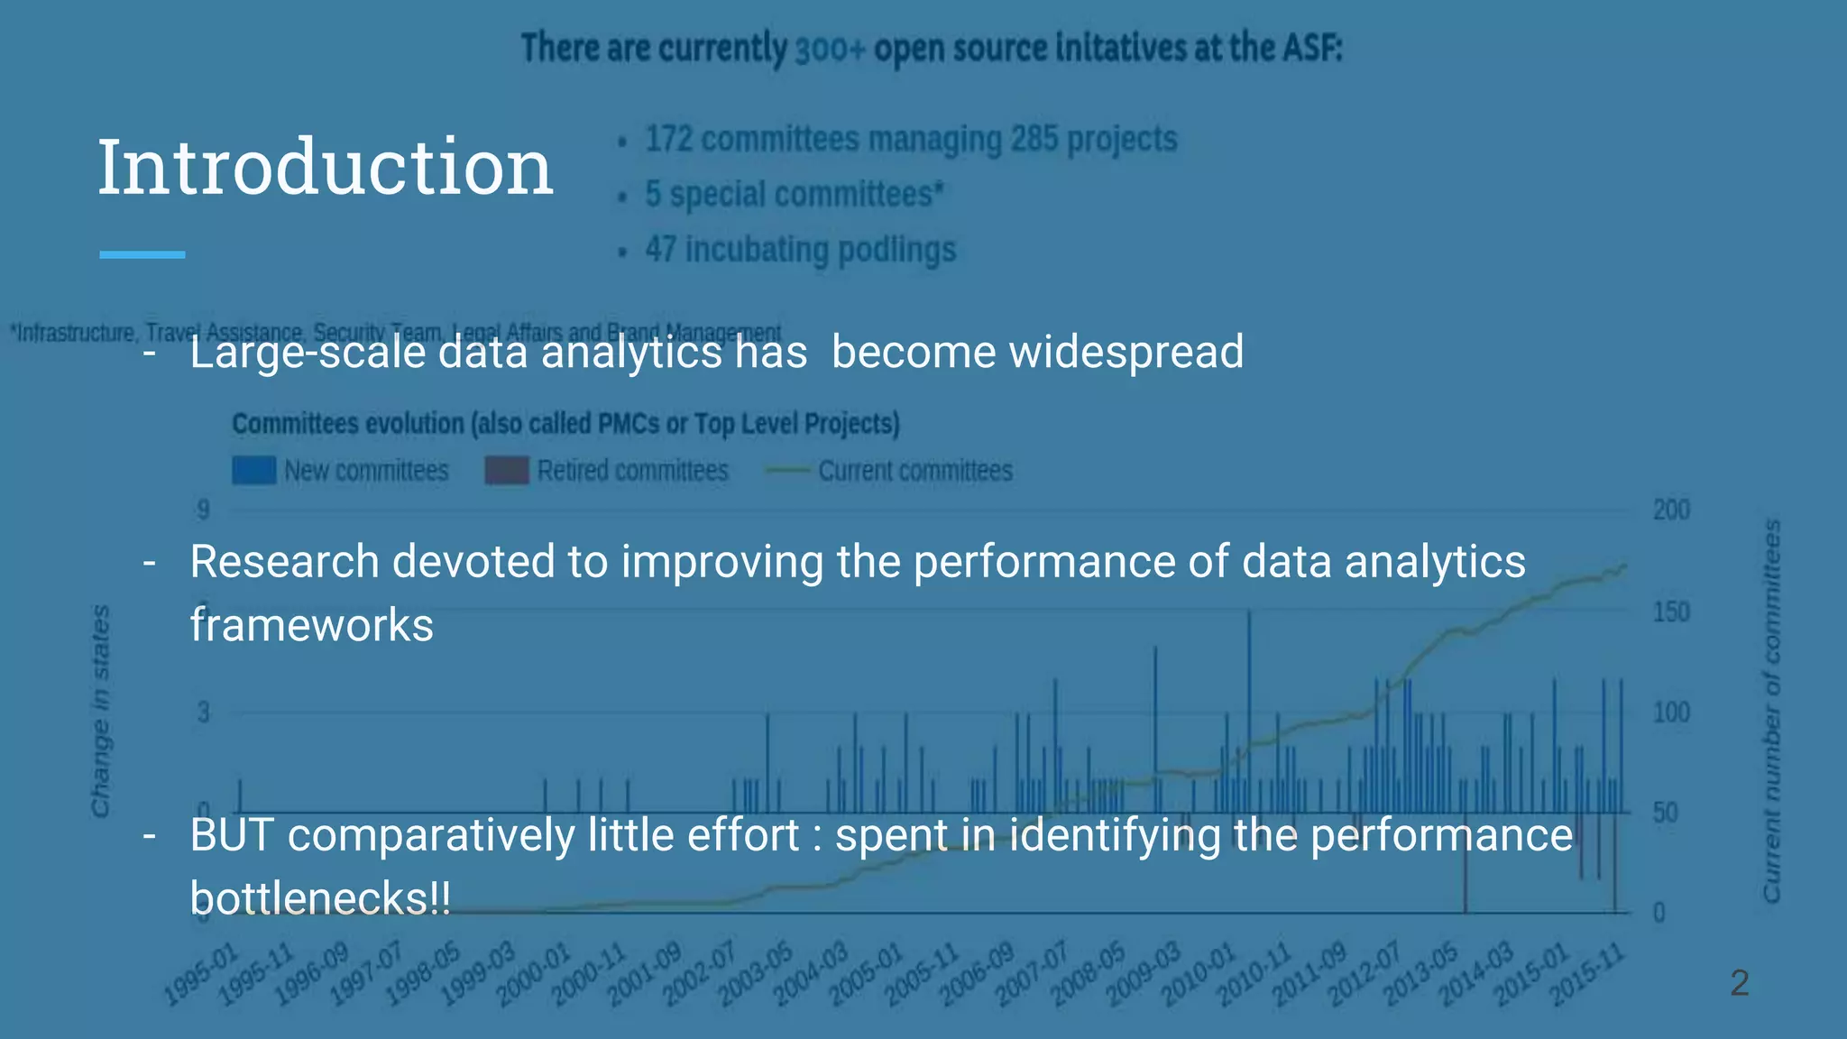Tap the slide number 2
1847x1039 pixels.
[1739, 982]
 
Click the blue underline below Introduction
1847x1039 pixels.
[142, 255]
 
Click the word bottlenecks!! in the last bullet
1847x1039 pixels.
[320, 898]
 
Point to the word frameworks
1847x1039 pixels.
[311, 625]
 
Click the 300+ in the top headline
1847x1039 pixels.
[831, 49]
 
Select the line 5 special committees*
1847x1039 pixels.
[794, 195]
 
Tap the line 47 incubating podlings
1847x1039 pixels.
[800, 250]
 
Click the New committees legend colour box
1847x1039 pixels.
[253, 471]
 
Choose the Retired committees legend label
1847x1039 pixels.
[632, 471]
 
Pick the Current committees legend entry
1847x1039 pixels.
[914, 471]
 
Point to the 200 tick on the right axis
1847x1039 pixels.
[1670, 510]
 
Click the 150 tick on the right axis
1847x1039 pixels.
[1670, 612]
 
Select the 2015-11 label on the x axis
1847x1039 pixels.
[1588, 976]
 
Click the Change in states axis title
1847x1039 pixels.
[100, 711]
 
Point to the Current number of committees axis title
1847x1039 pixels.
[1771, 711]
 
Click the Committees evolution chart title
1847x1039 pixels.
[565, 423]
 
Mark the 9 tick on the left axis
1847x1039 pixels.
[204, 510]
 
